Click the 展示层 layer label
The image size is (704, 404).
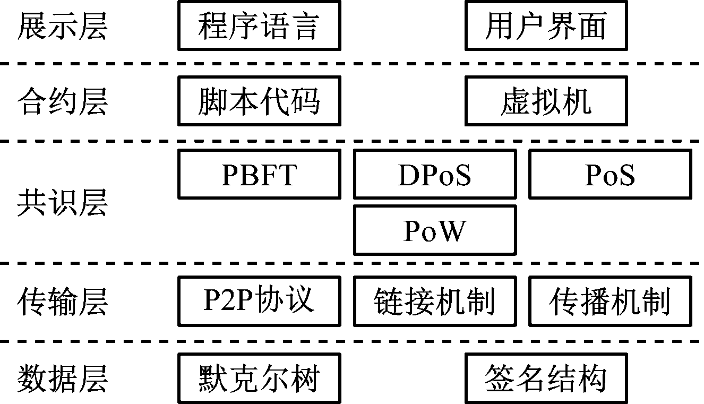62,26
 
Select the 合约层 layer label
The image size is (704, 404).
62,101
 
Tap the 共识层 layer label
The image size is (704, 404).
62,202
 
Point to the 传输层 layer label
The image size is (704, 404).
62,301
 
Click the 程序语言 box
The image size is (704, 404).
259,26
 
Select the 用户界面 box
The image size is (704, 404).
546,26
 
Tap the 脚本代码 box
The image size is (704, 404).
259,101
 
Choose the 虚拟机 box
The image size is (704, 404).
546,101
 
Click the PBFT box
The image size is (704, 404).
259,174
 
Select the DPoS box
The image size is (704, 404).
435,174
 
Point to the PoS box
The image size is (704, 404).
610,174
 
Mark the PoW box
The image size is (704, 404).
435,230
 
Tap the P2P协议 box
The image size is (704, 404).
259,301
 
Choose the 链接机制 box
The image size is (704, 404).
435,301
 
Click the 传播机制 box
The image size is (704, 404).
610,301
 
